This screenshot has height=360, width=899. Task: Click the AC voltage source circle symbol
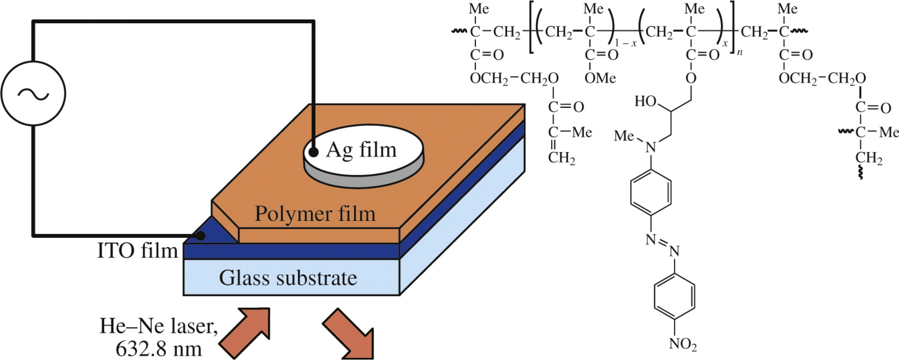coord(33,93)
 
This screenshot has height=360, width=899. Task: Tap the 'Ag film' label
coord(361,150)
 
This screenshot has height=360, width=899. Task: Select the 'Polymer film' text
coord(315,214)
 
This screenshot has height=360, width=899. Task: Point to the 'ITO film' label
coord(138,251)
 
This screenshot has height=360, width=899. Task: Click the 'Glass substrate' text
coord(288,278)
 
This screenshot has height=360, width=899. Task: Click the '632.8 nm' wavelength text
coord(158,348)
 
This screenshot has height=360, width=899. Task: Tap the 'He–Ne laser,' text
coord(158,326)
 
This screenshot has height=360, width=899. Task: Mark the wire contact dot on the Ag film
coord(313,152)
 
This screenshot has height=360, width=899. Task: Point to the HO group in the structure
coord(646,101)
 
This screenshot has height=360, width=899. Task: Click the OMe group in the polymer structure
coord(600,78)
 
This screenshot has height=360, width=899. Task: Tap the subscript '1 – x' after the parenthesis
coord(626,43)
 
